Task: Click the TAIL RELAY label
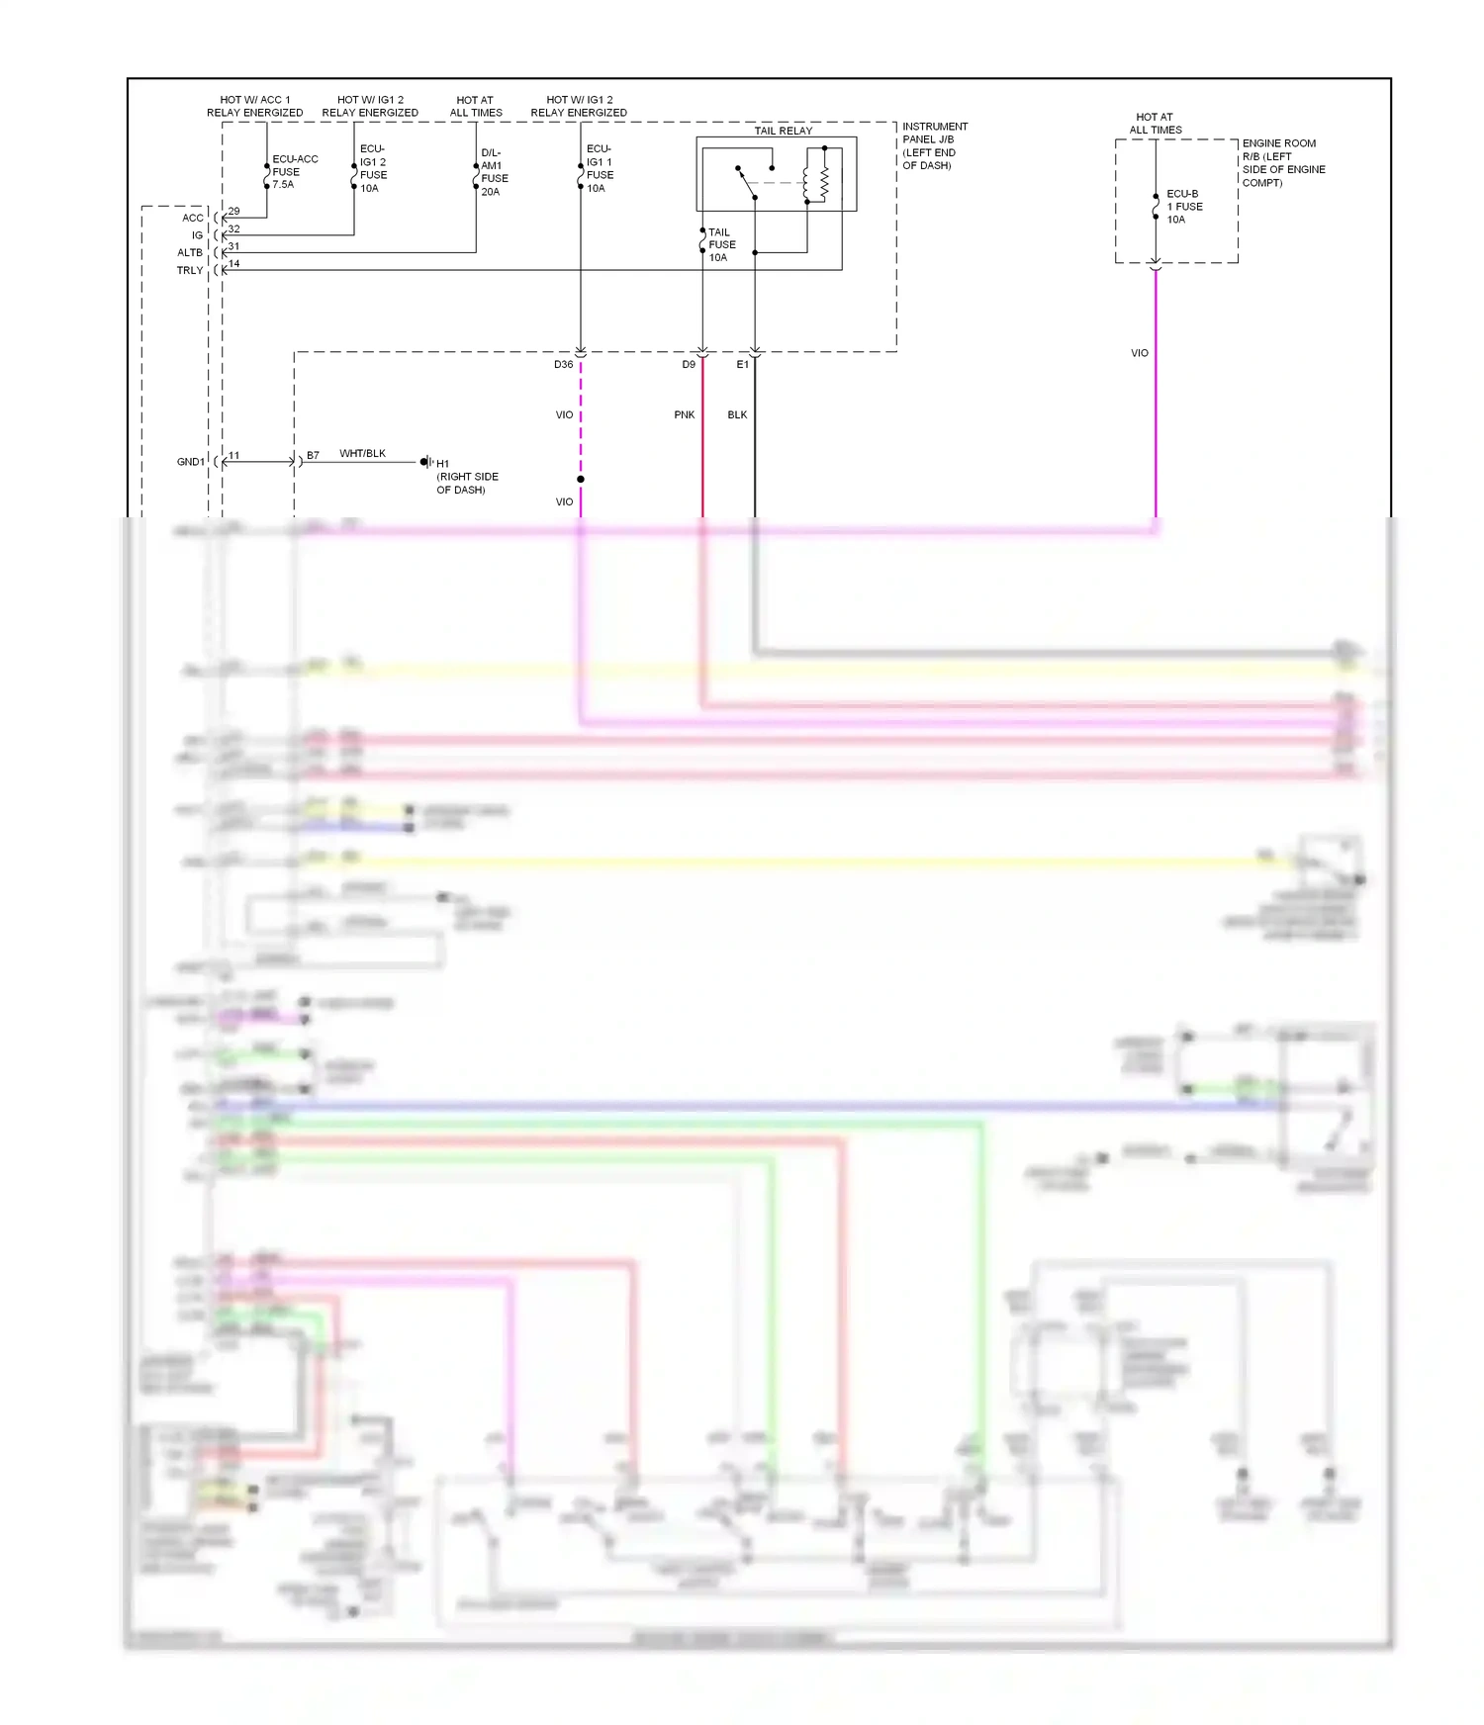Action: click(x=783, y=131)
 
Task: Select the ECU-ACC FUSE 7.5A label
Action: click(x=294, y=171)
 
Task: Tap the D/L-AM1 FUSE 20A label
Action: click(x=494, y=172)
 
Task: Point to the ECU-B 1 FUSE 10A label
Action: click(x=1184, y=207)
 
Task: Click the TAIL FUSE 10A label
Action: click(x=721, y=244)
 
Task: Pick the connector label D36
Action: click(x=563, y=365)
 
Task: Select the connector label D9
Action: click(x=689, y=365)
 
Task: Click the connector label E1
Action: click(x=742, y=365)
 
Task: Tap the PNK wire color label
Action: click(x=684, y=415)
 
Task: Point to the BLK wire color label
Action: click(x=737, y=415)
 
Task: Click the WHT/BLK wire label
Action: click(x=362, y=454)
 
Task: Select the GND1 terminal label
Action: click(x=190, y=462)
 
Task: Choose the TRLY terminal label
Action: click(x=189, y=271)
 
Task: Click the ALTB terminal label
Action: click(x=189, y=253)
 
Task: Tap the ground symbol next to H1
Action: click(x=426, y=462)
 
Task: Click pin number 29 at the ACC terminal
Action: click(x=233, y=212)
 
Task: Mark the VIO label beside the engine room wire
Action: click(x=1139, y=353)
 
